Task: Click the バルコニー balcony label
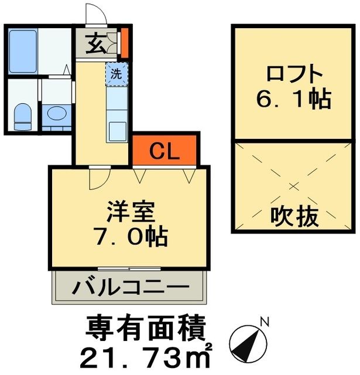point(131,288)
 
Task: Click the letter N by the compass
point(265,322)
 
